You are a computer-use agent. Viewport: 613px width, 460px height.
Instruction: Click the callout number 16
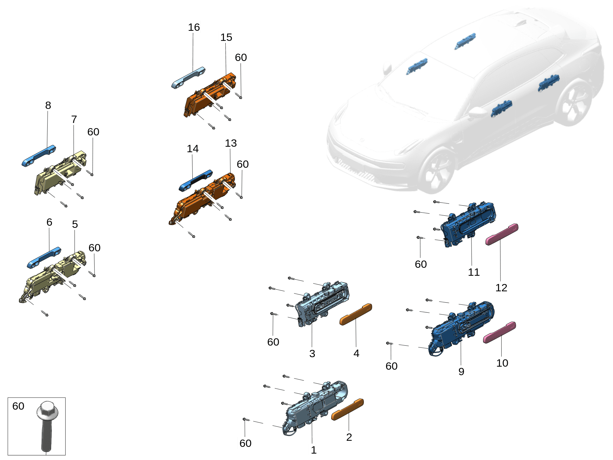pyautogui.click(x=194, y=27)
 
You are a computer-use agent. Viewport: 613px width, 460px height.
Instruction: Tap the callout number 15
pyautogui.click(x=226, y=38)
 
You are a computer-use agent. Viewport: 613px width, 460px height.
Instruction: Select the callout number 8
pyautogui.click(x=48, y=106)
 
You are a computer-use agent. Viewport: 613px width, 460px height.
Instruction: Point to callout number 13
pyautogui.click(x=231, y=143)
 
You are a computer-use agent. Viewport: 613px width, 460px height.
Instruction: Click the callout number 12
pyautogui.click(x=501, y=288)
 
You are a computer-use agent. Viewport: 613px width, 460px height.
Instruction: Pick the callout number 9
pyautogui.click(x=461, y=372)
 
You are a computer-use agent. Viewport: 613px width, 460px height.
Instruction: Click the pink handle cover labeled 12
pyautogui.click(x=502, y=234)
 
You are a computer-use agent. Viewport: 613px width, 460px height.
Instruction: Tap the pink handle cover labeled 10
pyautogui.click(x=500, y=332)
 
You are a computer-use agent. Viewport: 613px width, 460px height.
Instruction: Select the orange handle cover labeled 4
pyautogui.click(x=356, y=314)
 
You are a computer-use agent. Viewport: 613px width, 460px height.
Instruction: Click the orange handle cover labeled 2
pyautogui.click(x=347, y=410)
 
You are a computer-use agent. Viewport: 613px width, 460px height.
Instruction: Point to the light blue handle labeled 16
pyautogui.click(x=188, y=78)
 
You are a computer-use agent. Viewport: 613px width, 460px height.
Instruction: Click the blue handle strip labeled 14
pyautogui.click(x=195, y=181)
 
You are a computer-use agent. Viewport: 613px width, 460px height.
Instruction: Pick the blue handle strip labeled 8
pyautogui.click(x=39, y=156)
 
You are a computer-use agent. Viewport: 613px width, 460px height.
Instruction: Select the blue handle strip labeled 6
pyautogui.click(x=44, y=258)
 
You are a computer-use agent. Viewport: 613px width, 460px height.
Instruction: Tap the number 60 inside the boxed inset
pyautogui.click(x=18, y=406)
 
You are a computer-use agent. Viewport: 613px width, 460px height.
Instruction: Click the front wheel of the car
pyautogui.click(x=437, y=171)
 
